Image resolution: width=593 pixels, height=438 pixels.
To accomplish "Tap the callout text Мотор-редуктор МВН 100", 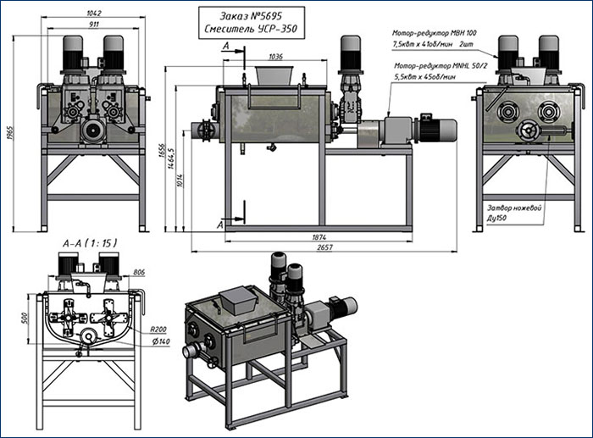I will pyautogui.click(x=454, y=31).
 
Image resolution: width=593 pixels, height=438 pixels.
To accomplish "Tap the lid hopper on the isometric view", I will pyautogui.click(x=238, y=299).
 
